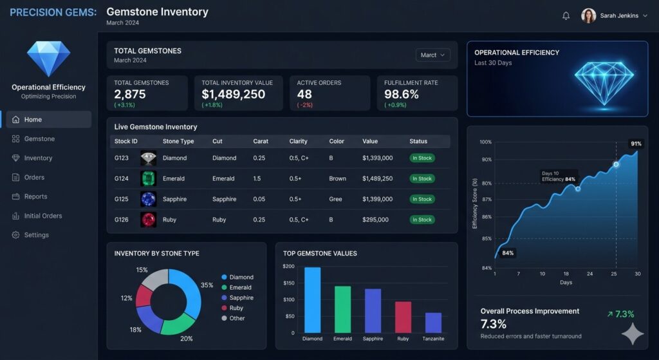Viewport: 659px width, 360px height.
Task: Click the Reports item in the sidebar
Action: click(x=35, y=196)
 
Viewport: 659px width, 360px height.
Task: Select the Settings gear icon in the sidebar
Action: click(x=16, y=235)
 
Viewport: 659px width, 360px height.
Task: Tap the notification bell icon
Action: click(x=566, y=16)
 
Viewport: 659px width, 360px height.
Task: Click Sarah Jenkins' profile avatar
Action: click(x=588, y=16)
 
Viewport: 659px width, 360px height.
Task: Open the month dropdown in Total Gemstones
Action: click(x=432, y=55)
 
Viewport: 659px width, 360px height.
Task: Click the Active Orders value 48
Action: click(x=304, y=94)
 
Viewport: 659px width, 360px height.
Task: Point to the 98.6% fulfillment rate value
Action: click(x=402, y=94)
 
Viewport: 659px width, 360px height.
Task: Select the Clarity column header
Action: click(x=298, y=141)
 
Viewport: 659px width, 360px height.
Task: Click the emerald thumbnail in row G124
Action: click(x=148, y=178)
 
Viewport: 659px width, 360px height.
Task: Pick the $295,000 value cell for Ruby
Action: click(x=375, y=220)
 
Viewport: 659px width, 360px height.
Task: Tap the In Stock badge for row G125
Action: click(x=422, y=199)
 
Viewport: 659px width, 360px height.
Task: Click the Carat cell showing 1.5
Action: click(x=257, y=178)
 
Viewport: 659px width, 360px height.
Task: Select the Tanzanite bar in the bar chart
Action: click(x=433, y=323)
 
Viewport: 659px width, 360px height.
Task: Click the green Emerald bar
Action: click(x=342, y=309)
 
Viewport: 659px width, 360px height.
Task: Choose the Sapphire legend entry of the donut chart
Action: click(x=241, y=298)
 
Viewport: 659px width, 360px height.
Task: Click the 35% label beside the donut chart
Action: click(x=207, y=285)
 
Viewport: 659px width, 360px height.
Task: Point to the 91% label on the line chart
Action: click(x=636, y=144)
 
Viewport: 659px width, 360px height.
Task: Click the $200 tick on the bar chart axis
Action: click(x=288, y=266)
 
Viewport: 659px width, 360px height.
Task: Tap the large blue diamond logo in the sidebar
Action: click(x=48, y=59)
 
